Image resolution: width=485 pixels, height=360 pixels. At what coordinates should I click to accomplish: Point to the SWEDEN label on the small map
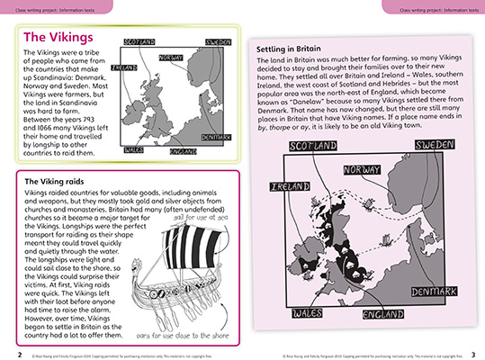tap(218, 42)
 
